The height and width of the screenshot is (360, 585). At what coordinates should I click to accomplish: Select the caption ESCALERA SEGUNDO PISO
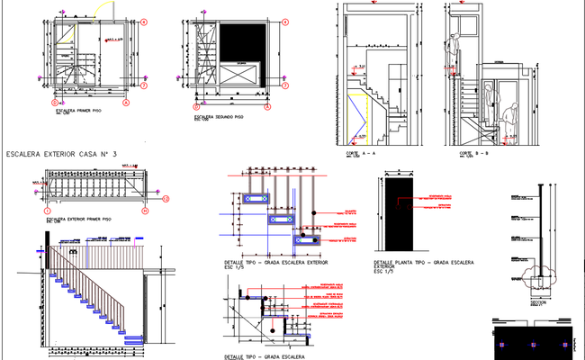point(218,117)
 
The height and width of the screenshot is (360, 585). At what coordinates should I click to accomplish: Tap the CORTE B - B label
point(474,154)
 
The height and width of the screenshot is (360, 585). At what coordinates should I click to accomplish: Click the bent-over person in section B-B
point(511,117)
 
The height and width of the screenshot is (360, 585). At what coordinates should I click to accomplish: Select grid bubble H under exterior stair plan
point(143,211)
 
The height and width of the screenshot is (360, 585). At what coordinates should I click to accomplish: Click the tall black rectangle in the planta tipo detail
point(394,217)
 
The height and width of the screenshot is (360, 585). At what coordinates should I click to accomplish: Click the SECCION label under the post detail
point(538,302)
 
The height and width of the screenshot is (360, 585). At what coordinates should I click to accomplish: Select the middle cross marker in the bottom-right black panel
point(533,346)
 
